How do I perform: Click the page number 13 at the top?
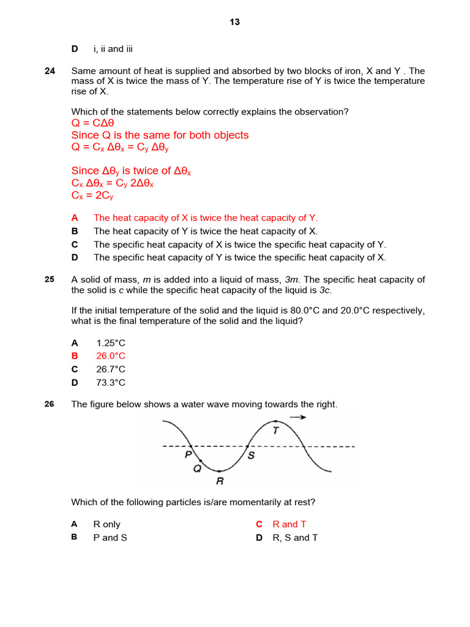pos(235,22)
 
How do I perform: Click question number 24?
pos(50,71)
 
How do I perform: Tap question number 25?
pos(50,279)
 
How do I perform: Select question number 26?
pos(50,404)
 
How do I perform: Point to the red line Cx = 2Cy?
pos(92,196)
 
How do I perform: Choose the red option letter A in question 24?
pos(75,218)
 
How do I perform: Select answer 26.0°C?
pos(111,356)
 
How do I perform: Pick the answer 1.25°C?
pos(111,343)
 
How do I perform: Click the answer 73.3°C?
pos(111,383)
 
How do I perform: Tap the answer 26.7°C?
pos(111,369)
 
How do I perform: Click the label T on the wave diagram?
pos(276,430)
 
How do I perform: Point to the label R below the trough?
pos(220,481)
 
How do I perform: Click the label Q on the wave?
pos(197,468)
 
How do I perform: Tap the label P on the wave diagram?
pos(188,455)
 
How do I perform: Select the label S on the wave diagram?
pos(251,455)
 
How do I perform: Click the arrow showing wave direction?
pos(298,417)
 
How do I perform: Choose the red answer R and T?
pos(289,524)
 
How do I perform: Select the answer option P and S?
pos(110,538)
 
